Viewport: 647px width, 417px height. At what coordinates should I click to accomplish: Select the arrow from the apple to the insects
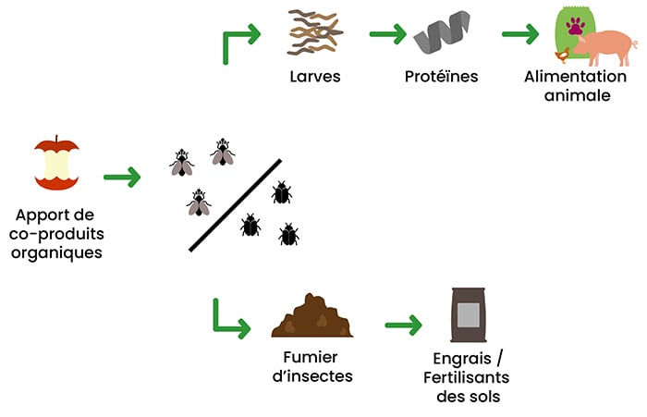tap(122, 176)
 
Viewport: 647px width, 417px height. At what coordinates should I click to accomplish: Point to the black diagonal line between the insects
tap(235, 205)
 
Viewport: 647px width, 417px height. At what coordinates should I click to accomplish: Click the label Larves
tap(315, 77)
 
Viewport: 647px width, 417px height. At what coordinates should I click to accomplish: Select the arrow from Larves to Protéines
tap(388, 35)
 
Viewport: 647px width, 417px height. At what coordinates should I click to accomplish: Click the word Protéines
tap(441, 77)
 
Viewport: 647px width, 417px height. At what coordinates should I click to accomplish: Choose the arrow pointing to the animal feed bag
tap(520, 35)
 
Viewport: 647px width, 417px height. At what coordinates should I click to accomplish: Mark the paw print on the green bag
tap(575, 29)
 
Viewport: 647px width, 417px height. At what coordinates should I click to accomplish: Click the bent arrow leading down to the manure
tap(228, 320)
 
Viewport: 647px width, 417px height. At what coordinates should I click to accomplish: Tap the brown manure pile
tap(312, 317)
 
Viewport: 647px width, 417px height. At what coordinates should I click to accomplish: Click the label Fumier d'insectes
tap(312, 366)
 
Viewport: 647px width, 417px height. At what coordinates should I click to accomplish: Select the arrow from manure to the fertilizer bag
tap(403, 325)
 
